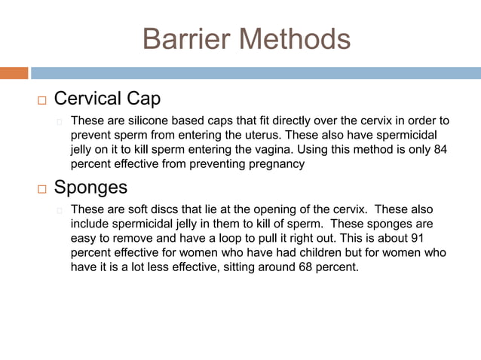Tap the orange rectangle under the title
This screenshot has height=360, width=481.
(x=14, y=73)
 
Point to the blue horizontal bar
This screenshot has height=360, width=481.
(x=255, y=73)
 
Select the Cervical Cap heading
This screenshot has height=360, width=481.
(x=107, y=99)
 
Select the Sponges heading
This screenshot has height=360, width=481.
(x=90, y=186)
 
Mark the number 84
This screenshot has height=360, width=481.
(x=440, y=149)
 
